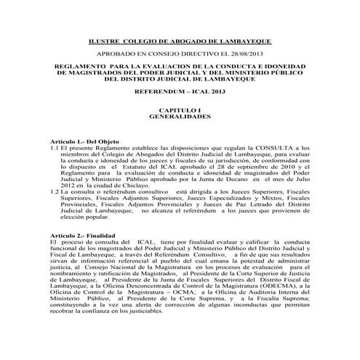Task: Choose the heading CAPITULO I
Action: [x=180, y=109]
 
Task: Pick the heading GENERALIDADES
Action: [x=180, y=116]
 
